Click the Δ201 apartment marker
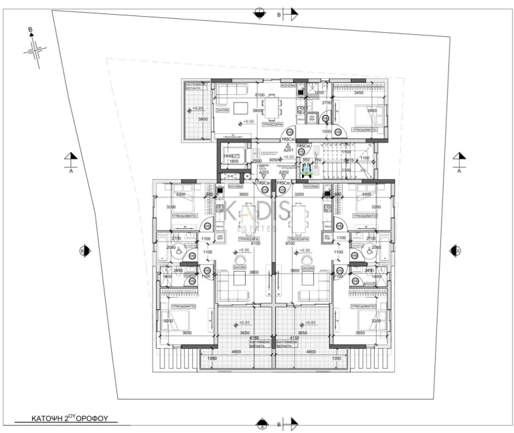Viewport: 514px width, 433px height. [288, 150]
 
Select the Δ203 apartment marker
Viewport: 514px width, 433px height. [264, 173]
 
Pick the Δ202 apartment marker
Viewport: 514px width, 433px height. [284, 173]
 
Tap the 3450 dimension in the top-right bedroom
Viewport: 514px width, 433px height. [359, 93]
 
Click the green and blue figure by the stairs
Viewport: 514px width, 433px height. [307, 170]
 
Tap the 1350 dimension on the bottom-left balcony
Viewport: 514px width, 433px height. [212, 359]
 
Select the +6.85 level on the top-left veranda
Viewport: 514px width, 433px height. [197, 108]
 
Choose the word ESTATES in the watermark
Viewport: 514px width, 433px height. [258, 228]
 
